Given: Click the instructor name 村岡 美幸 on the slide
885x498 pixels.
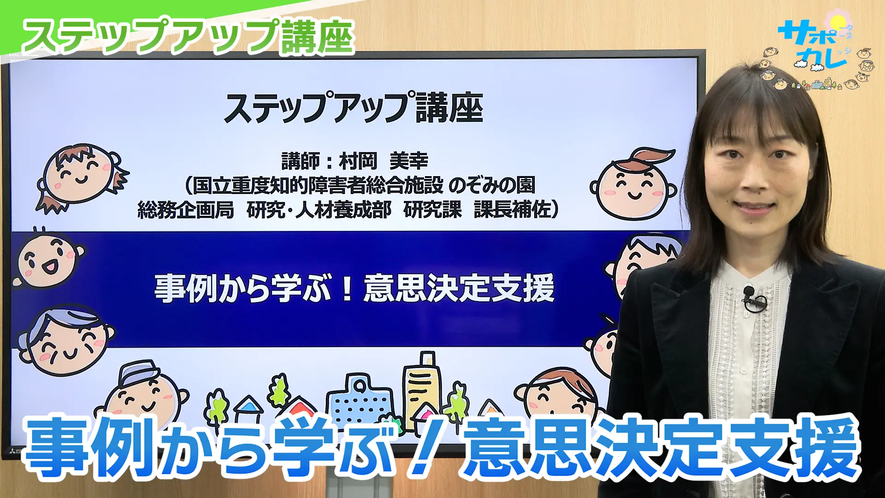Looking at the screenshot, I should (x=383, y=161).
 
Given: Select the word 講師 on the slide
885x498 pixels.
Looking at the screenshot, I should (x=301, y=161).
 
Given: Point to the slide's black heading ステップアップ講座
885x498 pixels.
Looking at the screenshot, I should (x=354, y=108).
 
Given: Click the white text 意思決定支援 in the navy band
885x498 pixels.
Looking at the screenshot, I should (x=459, y=288).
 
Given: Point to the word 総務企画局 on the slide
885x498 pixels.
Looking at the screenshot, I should (x=186, y=210).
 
